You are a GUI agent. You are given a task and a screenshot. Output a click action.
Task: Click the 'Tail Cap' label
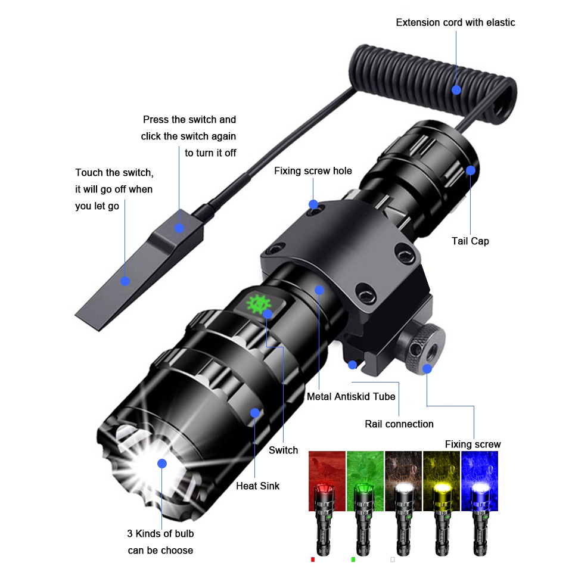click(x=470, y=241)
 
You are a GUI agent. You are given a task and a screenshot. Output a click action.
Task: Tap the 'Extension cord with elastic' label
click(x=455, y=23)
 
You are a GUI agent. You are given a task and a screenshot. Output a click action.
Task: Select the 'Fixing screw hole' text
click(x=313, y=171)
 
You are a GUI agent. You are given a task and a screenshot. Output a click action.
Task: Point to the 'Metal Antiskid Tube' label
click(x=351, y=397)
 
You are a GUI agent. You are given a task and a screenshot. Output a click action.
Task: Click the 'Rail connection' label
click(x=399, y=424)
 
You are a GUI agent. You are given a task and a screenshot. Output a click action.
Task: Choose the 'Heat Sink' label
click(x=257, y=486)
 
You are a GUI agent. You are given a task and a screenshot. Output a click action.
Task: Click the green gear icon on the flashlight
click(x=258, y=304)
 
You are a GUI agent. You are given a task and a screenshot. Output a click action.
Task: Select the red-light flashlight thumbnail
click(x=327, y=503)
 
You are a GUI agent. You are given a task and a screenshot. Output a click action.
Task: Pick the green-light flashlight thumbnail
click(x=365, y=503)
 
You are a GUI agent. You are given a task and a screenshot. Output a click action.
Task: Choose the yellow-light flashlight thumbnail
click(x=442, y=503)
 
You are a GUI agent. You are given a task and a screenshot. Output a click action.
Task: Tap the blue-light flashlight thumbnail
click(x=480, y=503)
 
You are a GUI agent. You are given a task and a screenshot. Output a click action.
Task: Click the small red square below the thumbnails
click(x=313, y=559)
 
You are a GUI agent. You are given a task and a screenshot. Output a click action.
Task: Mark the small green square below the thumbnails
click(x=353, y=559)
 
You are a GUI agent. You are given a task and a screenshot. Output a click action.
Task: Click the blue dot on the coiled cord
click(x=456, y=90)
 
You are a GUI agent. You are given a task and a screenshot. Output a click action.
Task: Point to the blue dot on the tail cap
click(x=471, y=170)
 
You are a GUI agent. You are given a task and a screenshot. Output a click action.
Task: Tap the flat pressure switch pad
click(x=139, y=270)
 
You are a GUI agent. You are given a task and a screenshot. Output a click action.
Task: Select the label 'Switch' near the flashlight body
click(x=283, y=450)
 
